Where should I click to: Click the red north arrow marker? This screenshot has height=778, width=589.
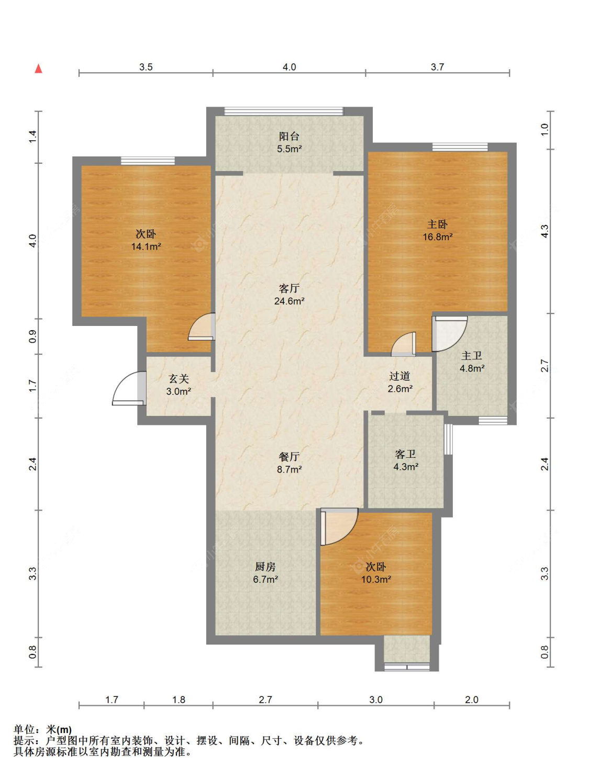[38, 69]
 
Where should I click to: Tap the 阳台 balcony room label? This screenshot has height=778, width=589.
[289, 136]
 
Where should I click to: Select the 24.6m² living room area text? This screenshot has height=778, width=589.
[290, 301]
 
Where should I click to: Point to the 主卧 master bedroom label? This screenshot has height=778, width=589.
[437, 224]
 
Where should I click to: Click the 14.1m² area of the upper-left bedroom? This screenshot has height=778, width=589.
[146, 246]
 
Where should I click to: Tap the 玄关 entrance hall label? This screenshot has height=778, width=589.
[179, 379]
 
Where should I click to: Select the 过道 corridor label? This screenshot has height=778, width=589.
[399, 376]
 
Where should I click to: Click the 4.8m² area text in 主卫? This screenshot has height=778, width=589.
[472, 368]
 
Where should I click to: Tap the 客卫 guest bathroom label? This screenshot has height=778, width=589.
[405, 454]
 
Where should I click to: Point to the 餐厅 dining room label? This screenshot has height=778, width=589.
[289, 457]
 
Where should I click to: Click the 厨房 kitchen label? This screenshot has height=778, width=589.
[265, 567]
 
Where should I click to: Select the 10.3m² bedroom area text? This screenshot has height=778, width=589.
[376, 579]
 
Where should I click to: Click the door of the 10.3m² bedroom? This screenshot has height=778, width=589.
[339, 527]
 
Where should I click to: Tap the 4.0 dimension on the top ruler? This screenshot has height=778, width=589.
[289, 66]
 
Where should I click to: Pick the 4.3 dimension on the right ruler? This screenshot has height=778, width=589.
[544, 231]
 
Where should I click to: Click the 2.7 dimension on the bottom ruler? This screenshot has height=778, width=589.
[265, 700]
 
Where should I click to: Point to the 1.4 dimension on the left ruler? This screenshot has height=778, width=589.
[32, 137]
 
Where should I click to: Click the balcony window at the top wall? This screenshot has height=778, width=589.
[284, 111]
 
